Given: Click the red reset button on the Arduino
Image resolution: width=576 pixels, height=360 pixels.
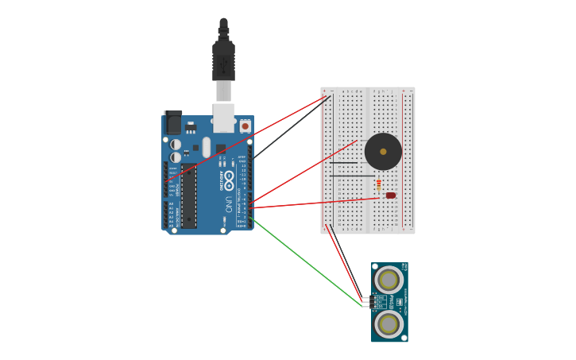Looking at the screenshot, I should [x=245, y=126].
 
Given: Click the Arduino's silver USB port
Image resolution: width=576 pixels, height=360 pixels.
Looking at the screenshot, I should [x=223, y=117].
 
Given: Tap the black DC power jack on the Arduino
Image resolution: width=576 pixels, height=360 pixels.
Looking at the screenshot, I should [x=172, y=122].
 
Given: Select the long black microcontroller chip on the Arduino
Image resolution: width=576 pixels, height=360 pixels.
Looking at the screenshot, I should [x=189, y=195].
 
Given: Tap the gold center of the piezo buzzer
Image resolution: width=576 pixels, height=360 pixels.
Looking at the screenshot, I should [x=383, y=151].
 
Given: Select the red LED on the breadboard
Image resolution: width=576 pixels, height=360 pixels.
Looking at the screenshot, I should [x=390, y=195].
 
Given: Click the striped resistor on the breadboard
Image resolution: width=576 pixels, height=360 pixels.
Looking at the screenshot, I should [x=378, y=184].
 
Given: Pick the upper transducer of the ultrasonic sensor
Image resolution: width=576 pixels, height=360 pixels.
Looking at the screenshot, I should [x=389, y=280].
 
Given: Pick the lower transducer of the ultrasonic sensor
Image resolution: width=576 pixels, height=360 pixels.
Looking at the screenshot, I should [x=389, y=323].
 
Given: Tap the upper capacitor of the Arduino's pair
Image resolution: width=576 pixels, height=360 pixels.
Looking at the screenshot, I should [x=176, y=145].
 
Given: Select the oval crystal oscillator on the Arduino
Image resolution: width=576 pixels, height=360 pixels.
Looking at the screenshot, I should [x=207, y=147].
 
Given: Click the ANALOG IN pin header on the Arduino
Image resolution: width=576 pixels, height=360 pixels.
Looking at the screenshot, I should [x=166, y=215].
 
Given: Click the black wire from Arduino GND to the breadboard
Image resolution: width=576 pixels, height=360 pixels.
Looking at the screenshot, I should [x=290, y=127].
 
